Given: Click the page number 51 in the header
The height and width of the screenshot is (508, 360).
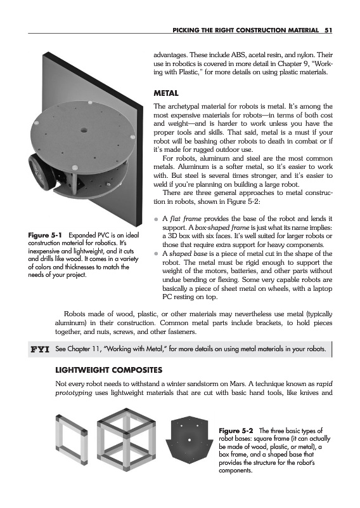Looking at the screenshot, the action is point(328,30).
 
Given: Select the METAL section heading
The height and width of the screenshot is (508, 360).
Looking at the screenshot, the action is point(166,93).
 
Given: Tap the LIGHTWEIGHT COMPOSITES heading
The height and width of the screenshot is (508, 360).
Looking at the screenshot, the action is point(109,370).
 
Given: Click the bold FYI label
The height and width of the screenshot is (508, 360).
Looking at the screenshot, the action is point(40,349).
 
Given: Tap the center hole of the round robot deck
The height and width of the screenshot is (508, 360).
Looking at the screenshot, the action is point(84,131).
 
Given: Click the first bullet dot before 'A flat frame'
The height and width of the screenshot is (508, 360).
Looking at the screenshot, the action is point(156,219).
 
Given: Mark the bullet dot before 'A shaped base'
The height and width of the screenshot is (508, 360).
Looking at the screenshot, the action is point(156,254).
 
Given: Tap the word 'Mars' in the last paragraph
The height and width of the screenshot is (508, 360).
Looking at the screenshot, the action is point(237,384).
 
